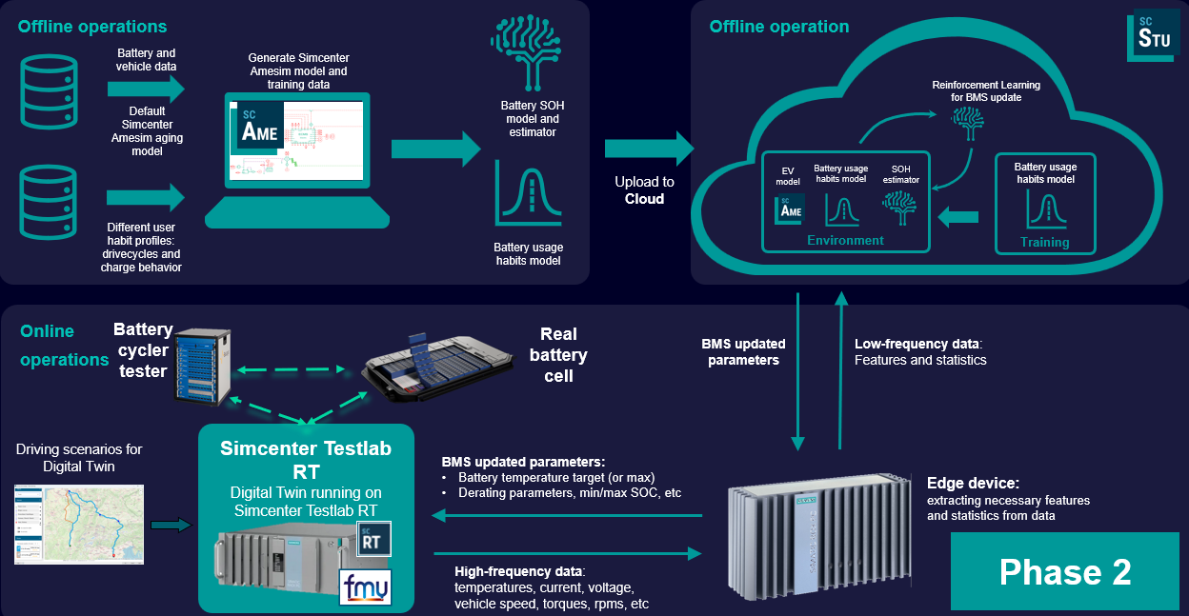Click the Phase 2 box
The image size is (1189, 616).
pos(1064,571)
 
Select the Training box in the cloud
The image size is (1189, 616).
pos(1044,203)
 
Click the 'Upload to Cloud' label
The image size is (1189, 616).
pos(644,189)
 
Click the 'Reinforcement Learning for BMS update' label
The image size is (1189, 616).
pos(985,91)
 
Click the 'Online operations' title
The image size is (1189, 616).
pos(64,346)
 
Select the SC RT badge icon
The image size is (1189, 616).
pos(370,539)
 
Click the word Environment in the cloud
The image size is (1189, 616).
pos(845,240)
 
